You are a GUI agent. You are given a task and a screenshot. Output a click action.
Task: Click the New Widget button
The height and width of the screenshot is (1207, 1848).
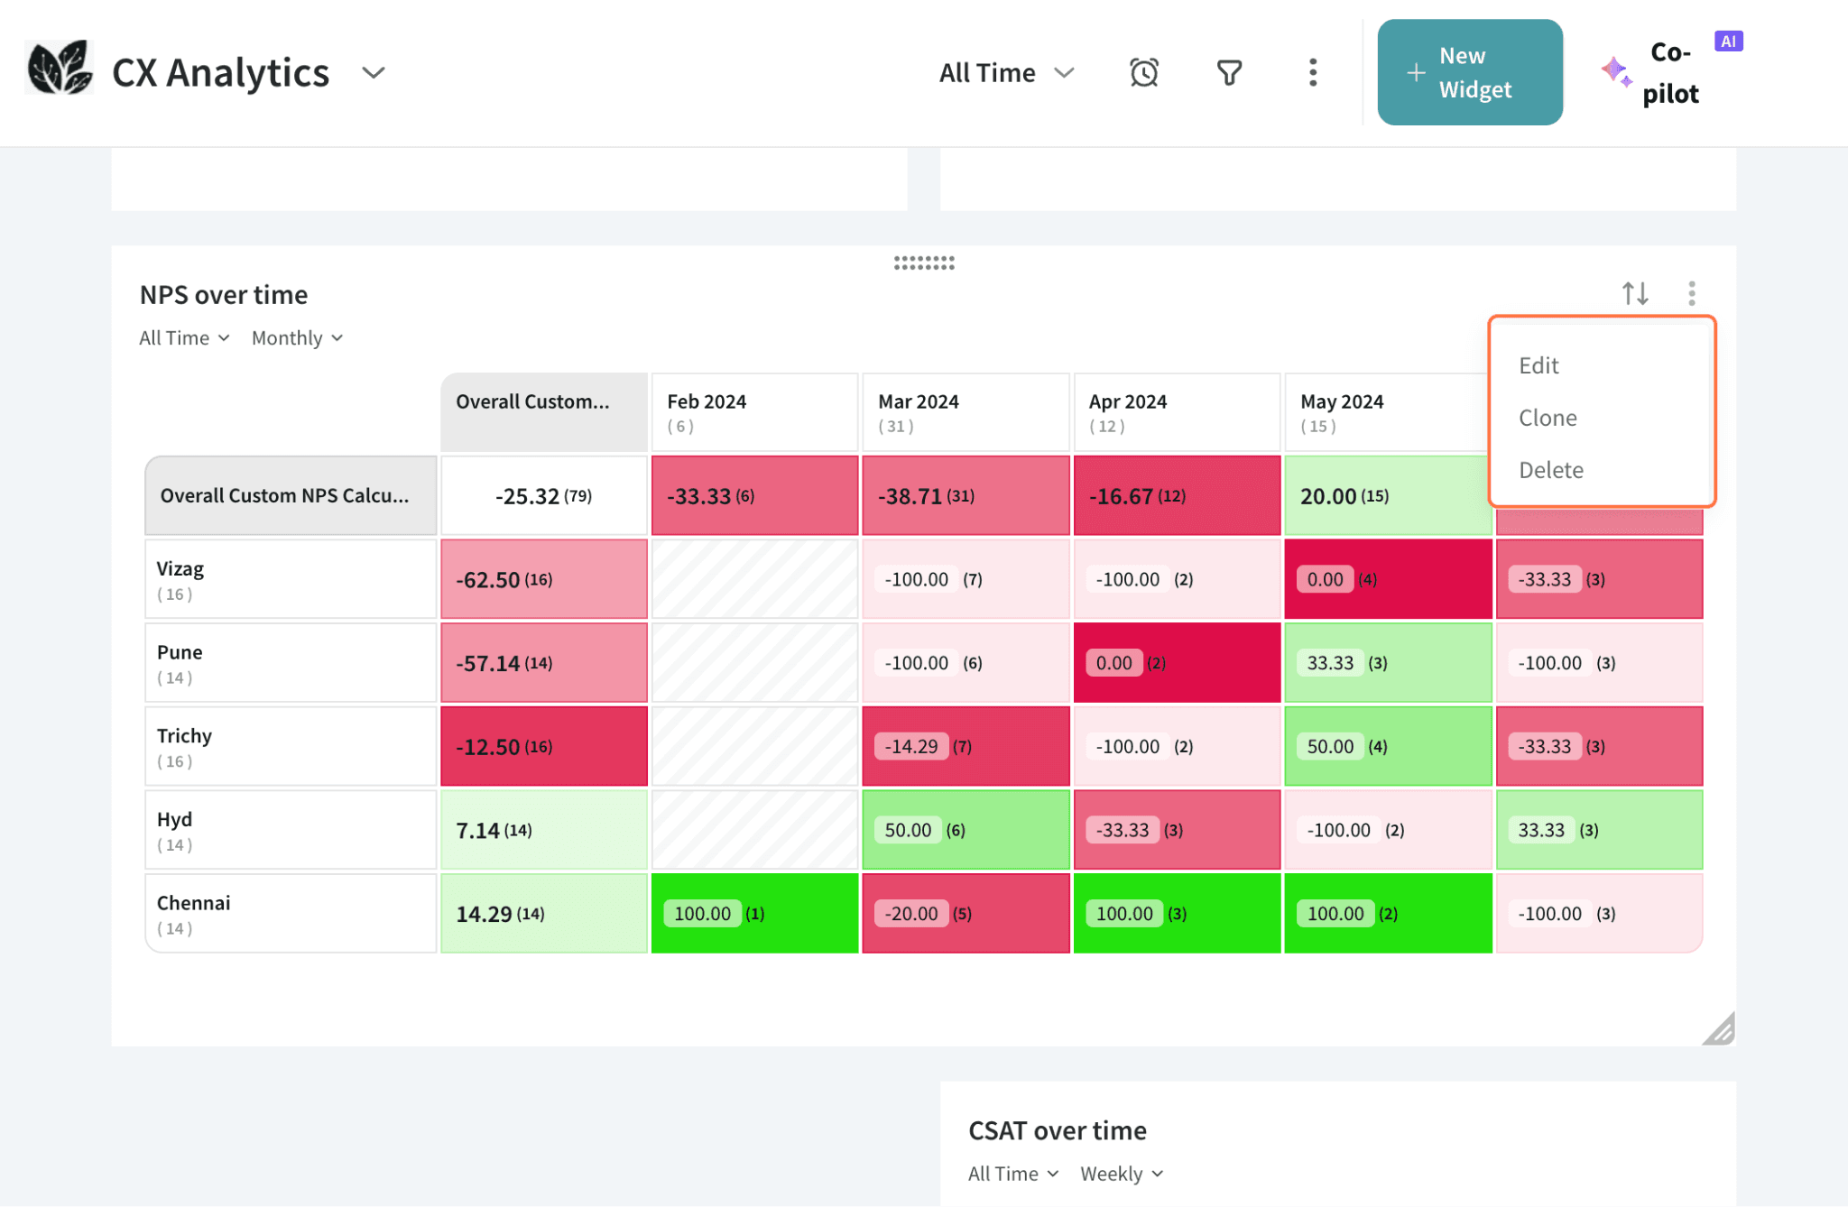pos(1469,72)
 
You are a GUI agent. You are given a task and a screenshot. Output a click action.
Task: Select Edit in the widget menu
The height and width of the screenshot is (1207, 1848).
pos(1538,365)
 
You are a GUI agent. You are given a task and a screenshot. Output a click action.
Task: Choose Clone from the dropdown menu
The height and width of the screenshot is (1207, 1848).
pos(1548,418)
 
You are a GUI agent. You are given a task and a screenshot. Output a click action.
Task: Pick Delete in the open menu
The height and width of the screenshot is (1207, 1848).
pos(1550,470)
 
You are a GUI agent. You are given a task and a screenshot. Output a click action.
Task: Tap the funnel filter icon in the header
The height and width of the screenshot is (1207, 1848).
pos(1229,72)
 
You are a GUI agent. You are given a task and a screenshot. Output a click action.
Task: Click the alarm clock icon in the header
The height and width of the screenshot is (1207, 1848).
pos(1143,72)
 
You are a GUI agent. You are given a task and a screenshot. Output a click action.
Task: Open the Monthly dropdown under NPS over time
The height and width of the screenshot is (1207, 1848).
pos(297,338)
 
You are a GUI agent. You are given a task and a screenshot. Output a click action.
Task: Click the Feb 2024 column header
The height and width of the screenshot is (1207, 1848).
pos(753,411)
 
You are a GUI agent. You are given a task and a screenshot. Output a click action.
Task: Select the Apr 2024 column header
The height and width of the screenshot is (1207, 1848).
pos(1176,411)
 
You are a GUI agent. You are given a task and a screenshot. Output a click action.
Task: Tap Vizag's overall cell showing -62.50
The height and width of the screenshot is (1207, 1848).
pos(543,579)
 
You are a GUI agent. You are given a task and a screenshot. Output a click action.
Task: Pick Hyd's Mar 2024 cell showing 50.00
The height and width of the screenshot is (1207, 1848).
pos(965,830)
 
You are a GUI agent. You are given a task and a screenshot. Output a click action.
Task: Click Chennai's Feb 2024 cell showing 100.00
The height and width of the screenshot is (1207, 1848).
pos(753,913)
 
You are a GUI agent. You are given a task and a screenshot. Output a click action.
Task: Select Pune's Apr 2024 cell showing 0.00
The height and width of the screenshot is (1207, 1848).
pos(1176,663)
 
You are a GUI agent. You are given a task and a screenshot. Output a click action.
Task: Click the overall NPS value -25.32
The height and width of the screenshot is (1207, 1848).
pos(543,496)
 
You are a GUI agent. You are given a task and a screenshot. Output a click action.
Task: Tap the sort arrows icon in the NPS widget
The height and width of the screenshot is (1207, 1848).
pos(1634,293)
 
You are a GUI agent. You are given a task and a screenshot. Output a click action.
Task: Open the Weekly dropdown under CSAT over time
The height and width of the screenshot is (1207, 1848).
pos(1121,1174)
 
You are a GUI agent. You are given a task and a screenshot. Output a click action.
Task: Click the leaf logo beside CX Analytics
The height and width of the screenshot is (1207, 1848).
pos(60,69)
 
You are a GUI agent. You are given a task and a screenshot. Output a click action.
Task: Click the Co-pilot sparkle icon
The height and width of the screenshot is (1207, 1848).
pos(1615,72)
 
